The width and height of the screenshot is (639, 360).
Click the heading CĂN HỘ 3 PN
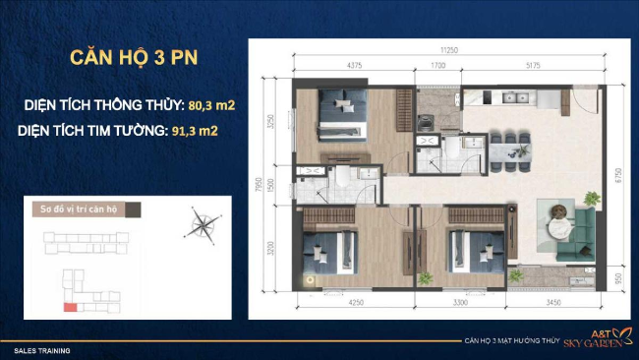tap(135, 56)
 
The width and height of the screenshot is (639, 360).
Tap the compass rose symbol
tap(202, 225)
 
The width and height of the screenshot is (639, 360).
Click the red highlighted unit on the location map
tap(70, 307)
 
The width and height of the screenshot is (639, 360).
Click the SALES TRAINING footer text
tap(41, 350)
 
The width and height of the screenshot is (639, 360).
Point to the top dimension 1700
tap(438, 66)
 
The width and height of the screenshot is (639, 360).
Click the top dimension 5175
tap(535, 66)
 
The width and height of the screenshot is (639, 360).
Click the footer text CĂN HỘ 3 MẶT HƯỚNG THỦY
tap(508, 341)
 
